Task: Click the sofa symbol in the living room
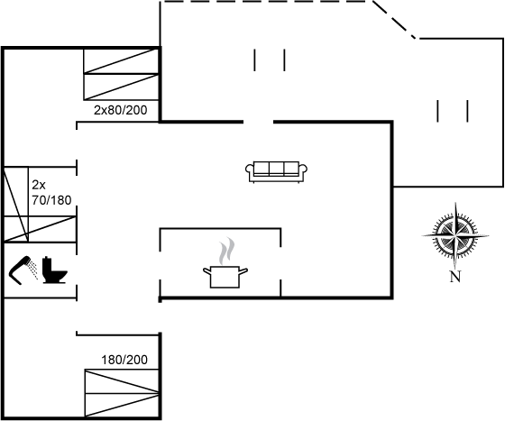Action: coord(276,172)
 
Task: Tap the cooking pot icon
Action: coord(225,277)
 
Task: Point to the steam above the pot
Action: coord(226,251)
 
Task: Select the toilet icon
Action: coord(54,270)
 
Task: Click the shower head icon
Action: coord(23,270)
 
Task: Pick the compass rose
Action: coord(455,235)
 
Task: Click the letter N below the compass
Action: coord(455,277)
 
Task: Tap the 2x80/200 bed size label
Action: coord(121,110)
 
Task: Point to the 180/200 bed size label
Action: coord(124,360)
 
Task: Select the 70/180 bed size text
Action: coord(51,200)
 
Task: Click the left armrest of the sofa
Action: coord(250,169)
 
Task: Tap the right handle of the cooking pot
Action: coord(243,271)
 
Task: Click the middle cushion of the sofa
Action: coord(276,169)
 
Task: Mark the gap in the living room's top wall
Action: coord(258,122)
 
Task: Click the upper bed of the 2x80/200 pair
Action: coord(121,61)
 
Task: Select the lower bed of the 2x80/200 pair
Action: coord(121,87)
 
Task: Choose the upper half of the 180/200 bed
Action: coord(122,381)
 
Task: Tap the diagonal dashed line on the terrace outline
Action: coord(395,20)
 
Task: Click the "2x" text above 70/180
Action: coord(39,185)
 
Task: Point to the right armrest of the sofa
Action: coord(303,169)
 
